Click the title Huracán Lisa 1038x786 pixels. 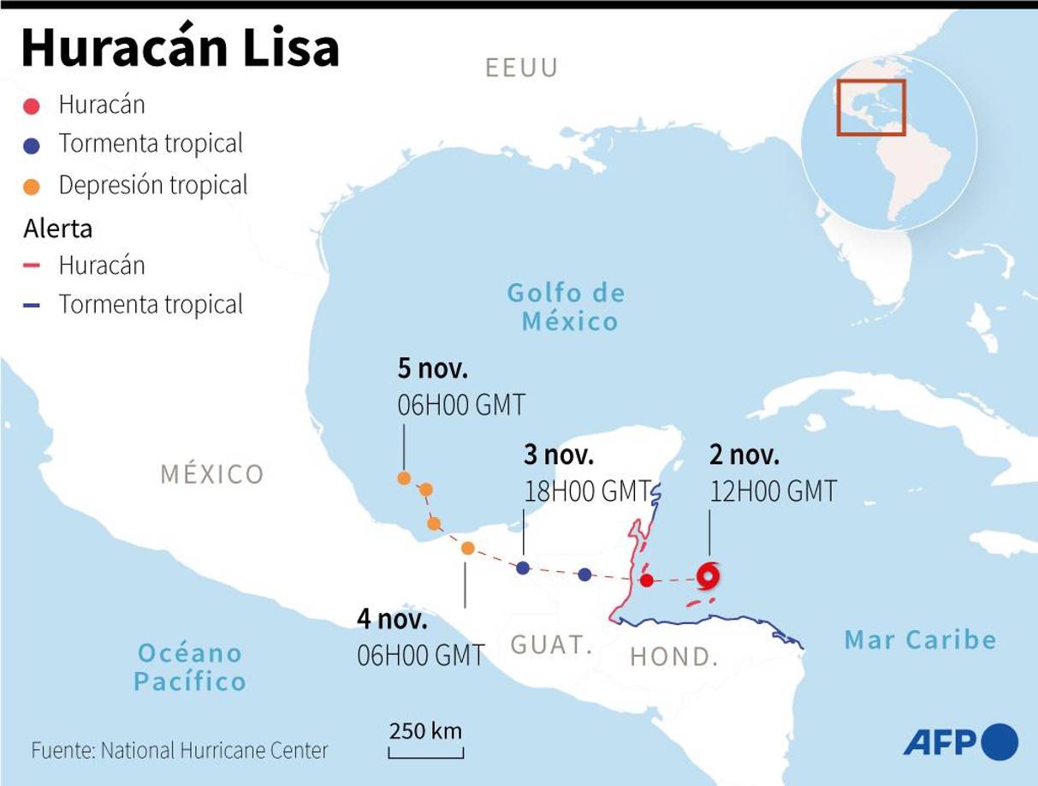tap(181, 49)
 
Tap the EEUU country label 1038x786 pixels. tap(521, 68)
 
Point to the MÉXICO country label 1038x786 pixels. tap(212, 473)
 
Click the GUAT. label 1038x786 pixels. tap(552, 645)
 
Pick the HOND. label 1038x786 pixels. tap(673, 657)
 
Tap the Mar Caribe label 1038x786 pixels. tap(920, 640)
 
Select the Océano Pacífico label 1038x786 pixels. tap(190, 667)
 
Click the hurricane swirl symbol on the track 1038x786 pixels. tap(708, 575)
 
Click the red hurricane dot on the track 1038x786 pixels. tap(647, 581)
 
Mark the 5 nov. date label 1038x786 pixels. tap(433, 369)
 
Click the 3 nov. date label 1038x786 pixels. tap(559, 456)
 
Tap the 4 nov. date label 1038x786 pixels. tap(392, 619)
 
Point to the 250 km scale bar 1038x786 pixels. tap(425, 752)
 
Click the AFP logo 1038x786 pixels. tap(960, 741)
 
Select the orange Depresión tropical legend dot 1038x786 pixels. tap(32, 186)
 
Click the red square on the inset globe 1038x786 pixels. tap(870, 108)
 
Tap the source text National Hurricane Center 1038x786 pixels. tap(214, 751)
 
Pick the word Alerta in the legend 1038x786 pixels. tap(58, 229)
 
